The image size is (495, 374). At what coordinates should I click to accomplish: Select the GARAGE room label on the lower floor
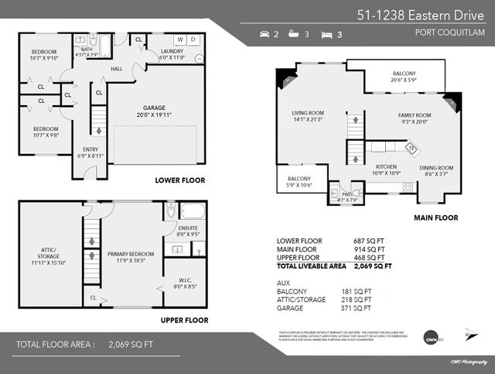point(155,108)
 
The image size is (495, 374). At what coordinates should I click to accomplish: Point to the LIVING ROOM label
point(302,112)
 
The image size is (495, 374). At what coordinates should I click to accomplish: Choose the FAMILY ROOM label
point(415,115)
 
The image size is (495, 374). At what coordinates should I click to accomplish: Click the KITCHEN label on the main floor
point(387,166)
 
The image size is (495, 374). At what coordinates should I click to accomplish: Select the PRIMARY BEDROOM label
point(131,254)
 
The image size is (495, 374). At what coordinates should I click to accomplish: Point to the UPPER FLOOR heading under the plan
point(184,319)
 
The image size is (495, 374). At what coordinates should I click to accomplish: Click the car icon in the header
point(267,35)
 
